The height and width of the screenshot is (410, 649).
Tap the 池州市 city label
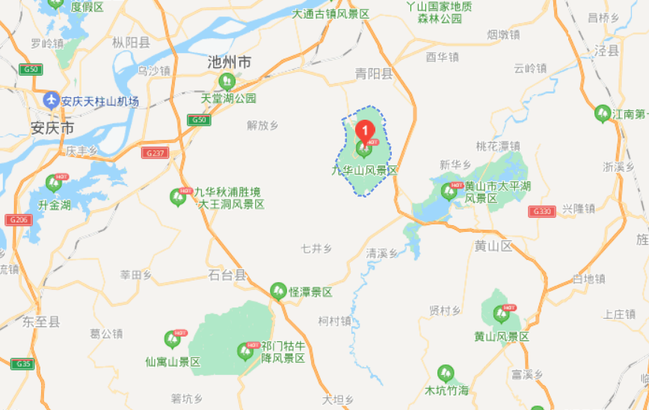[x=229, y=63]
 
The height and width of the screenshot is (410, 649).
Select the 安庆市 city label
[x=52, y=127]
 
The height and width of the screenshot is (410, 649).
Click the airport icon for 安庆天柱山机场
[x=52, y=100]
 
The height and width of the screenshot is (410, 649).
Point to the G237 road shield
[x=153, y=153]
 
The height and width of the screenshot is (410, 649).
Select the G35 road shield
[x=22, y=364]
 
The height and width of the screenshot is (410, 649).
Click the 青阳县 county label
[x=374, y=73]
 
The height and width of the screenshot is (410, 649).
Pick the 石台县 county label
[x=227, y=275]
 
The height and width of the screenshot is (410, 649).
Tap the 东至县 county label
[x=40, y=322]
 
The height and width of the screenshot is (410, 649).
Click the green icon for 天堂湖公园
[x=226, y=82]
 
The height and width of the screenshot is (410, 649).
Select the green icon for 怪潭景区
[x=278, y=290]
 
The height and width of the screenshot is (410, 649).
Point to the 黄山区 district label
[x=493, y=246]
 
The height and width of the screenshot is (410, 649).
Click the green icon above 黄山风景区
[x=499, y=315]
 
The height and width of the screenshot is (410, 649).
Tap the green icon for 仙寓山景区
[x=173, y=340]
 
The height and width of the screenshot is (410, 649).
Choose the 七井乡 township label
[x=316, y=248]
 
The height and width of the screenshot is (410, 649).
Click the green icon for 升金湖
[x=53, y=183]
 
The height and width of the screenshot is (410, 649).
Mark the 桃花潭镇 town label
[x=498, y=146]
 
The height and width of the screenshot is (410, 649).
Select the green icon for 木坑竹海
[x=446, y=373]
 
